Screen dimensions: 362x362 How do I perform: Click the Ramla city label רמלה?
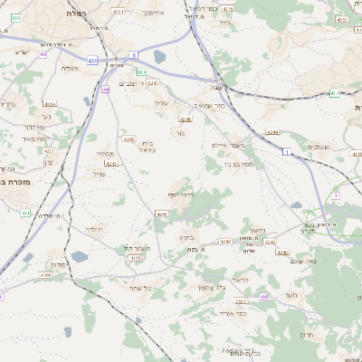coord(74,14)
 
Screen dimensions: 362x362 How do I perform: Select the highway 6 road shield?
coord(133,55)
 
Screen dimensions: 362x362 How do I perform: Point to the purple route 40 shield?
coord(43,55)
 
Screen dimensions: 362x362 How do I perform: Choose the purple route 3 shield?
coord(335,195)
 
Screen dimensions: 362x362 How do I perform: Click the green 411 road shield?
coord(24,214)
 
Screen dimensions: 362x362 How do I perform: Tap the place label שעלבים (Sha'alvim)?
coord(318,147)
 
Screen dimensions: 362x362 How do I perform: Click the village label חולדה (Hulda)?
coord(95,231)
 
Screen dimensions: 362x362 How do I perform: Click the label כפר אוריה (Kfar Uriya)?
coord(233,312)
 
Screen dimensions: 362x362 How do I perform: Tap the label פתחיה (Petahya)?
coord(103,154)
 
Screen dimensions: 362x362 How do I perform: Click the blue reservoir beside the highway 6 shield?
coord(160,57)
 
